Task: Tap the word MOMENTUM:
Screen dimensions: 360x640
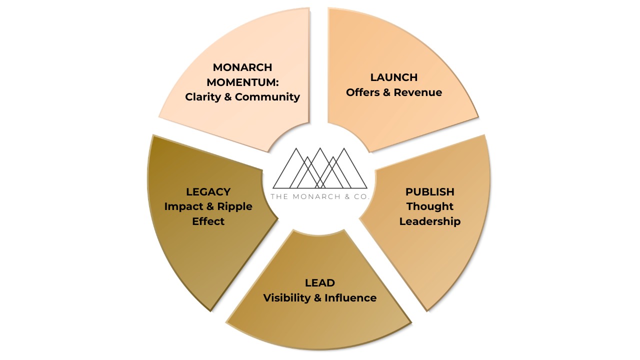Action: point(242,82)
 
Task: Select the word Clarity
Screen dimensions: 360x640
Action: point(202,97)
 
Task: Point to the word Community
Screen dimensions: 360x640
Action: point(267,97)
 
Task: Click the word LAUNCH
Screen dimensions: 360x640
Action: point(394,77)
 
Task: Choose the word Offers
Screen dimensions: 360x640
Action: point(363,92)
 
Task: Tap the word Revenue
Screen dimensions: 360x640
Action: point(418,92)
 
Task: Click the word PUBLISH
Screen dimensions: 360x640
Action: point(430,192)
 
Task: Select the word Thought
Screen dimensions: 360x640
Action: point(430,206)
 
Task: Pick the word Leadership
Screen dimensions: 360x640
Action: point(430,221)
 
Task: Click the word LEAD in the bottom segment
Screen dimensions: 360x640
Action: point(320,283)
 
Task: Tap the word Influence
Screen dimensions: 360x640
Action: point(350,298)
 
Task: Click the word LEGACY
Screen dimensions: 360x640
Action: point(208,192)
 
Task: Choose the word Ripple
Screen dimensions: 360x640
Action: point(234,207)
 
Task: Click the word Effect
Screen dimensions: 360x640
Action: point(208,221)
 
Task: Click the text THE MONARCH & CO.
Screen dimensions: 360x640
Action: point(320,196)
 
